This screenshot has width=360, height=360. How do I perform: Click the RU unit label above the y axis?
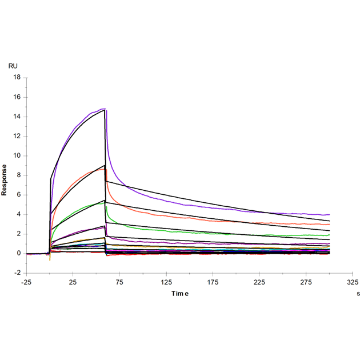(13, 66)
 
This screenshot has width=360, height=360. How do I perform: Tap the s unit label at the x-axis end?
(358, 293)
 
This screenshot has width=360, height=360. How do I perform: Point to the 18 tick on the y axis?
(17, 77)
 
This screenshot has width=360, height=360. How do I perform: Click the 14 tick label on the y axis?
(17, 117)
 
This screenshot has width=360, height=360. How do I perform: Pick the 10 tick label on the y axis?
(17, 155)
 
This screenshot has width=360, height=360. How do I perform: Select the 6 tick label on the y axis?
(18, 195)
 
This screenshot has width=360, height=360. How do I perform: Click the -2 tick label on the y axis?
(17, 273)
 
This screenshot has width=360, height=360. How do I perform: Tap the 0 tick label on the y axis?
(18, 253)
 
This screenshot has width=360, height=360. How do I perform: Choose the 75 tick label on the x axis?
(119, 282)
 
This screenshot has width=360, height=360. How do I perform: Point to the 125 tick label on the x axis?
(166, 282)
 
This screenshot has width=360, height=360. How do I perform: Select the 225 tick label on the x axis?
(260, 282)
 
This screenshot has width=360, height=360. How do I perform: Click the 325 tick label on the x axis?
(353, 282)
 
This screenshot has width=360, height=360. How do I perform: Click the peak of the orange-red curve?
(103, 169)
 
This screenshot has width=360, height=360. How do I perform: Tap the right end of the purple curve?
(330, 214)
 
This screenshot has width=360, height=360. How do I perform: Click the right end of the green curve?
(330, 235)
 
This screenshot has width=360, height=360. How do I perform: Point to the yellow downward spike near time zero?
(50, 260)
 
